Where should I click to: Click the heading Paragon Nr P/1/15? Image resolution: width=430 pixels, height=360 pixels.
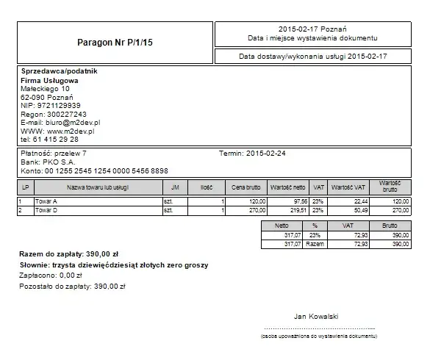(115, 43)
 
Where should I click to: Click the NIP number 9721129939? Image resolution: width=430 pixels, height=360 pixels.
(62, 106)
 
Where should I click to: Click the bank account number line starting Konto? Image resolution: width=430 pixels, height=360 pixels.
(94, 170)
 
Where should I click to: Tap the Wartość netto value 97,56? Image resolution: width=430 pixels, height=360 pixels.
(298, 201)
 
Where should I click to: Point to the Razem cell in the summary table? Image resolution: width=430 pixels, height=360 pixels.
(315, 244)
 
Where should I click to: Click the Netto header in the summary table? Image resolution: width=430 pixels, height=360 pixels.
(281, 226)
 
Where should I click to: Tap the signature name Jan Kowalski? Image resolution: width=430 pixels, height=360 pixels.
(316, 316)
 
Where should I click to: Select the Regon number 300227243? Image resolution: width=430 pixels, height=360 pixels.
(65, 115)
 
